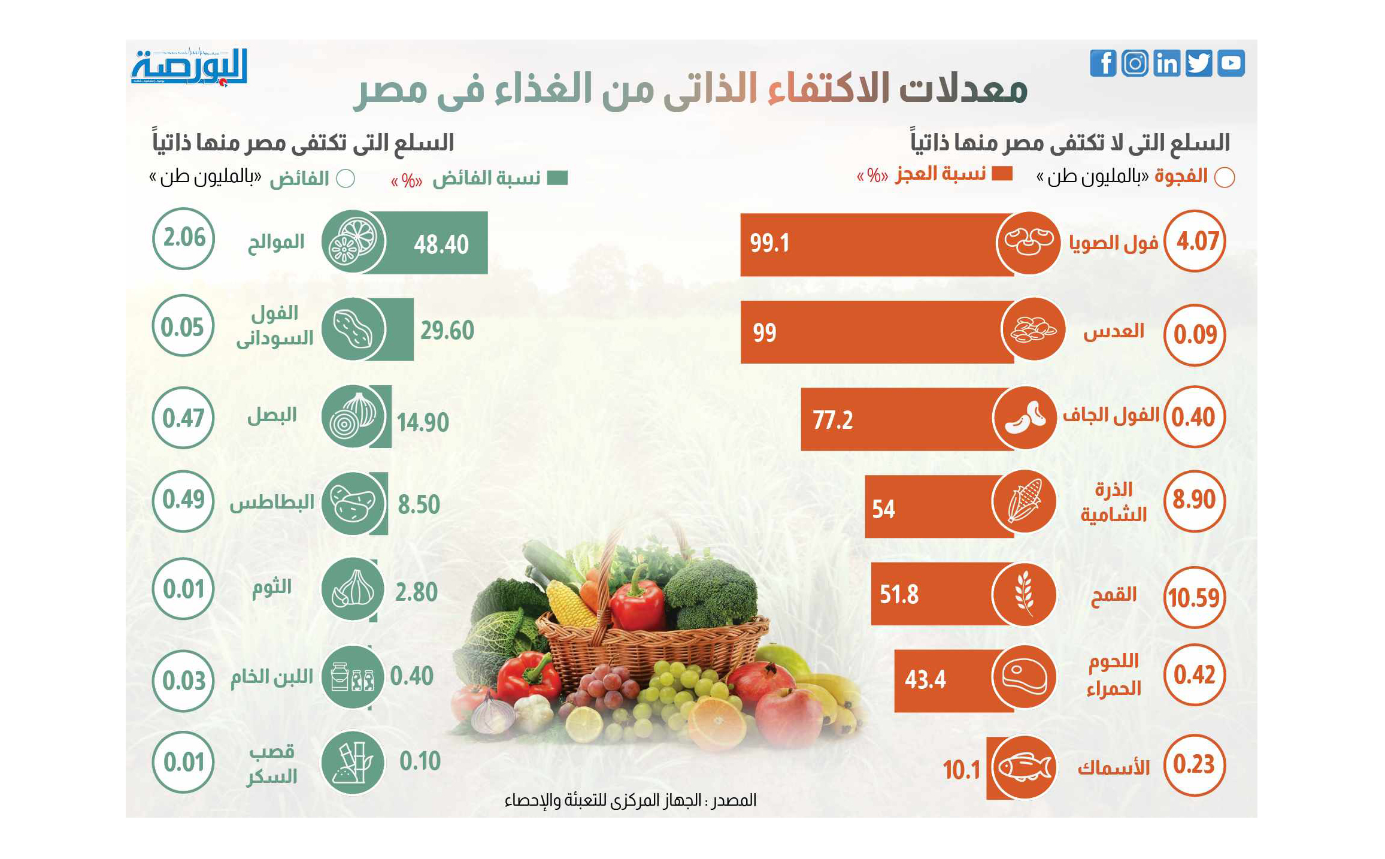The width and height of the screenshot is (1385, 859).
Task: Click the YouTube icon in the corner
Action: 1231,63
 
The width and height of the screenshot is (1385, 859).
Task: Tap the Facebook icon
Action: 1103,63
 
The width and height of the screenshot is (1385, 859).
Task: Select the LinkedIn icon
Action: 1166,63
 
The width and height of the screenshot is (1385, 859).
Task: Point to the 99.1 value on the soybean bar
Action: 769,243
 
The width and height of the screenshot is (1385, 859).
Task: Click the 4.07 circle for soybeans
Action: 1196,241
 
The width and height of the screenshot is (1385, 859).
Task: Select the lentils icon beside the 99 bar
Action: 1033,329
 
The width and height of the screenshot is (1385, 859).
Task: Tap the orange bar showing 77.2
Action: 898,419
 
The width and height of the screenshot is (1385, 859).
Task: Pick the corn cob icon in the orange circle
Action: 1024,501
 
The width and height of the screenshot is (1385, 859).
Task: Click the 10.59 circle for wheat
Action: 1194,597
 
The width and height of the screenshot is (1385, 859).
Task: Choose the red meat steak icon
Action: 1024,677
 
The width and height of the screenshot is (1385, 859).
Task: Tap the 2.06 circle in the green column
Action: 184,238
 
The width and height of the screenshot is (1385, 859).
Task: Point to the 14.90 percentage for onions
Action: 423,423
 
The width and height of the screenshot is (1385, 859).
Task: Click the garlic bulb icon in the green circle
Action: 353,589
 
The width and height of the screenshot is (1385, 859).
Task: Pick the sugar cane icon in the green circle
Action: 353,763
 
